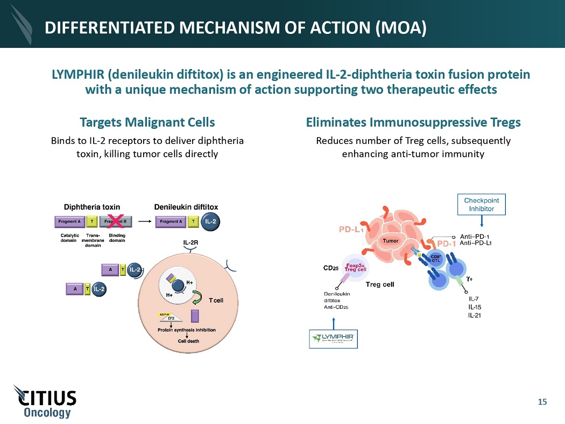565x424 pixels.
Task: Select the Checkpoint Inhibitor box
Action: tap(482, 204)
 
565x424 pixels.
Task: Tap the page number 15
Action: tap(542, 401)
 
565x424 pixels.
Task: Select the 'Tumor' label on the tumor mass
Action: tap(390, 241)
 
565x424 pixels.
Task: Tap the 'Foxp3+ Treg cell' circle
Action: tap(355, 268)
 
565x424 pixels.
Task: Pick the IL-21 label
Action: tap(475, 315)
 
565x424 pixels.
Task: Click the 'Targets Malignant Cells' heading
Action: tap(147, 122)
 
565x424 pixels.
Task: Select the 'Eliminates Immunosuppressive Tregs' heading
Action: tap(413, 122)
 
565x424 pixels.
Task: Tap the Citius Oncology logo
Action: tap(45, 401)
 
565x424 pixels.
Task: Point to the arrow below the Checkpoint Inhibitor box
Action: tap(482, 220)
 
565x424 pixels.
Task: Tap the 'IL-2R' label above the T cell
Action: tap(190, 243)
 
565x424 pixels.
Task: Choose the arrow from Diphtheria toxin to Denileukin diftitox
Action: tap(143, 221)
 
